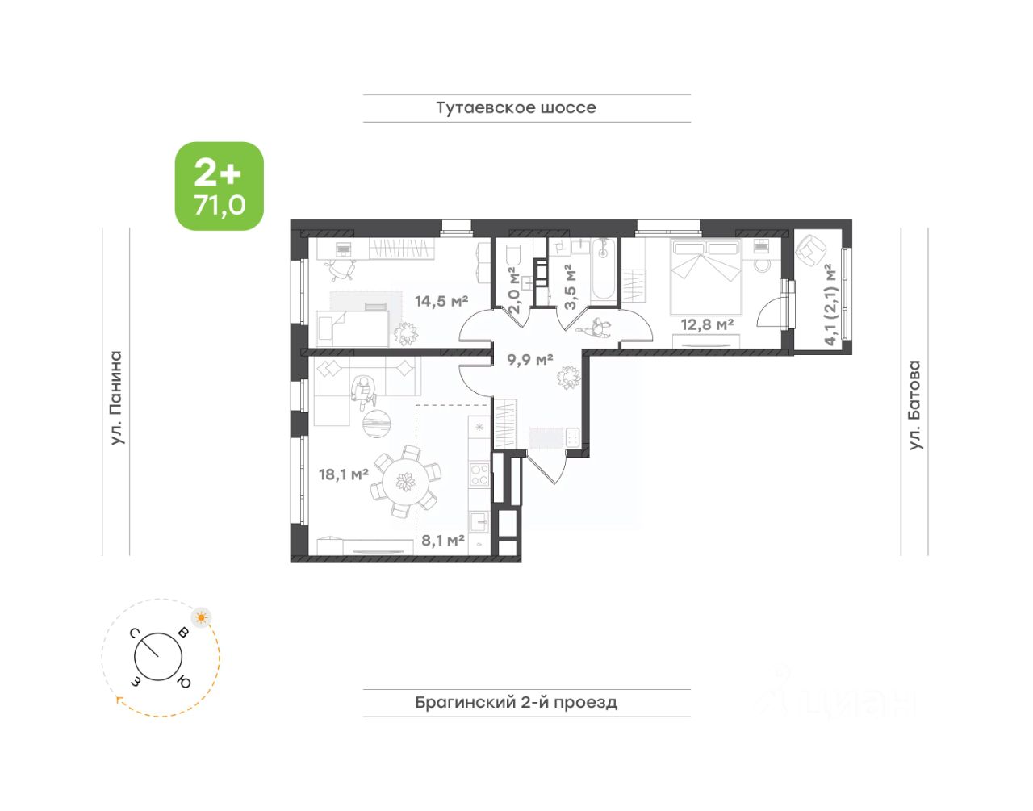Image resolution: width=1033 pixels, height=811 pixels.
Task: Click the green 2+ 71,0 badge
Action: click(220, 186)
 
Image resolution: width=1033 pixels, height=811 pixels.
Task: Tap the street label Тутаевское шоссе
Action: click(516, 108)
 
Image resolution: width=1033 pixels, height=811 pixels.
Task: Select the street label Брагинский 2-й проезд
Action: click(516, 702)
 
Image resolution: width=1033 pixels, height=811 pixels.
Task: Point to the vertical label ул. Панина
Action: click(116, 398)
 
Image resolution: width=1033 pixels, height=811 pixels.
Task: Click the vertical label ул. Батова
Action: click(914, 405)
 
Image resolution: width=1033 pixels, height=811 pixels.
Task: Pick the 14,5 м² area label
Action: click(441, 301)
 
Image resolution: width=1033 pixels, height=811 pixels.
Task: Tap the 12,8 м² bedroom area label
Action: click(708, 324)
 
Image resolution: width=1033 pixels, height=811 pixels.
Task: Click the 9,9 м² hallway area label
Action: click(530, 360)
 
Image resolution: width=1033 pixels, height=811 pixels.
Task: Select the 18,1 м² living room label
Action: click(344, 474)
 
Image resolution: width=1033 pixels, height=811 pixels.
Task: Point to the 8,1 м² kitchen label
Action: click(442, 540)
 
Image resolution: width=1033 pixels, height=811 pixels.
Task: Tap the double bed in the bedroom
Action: click(706, 277)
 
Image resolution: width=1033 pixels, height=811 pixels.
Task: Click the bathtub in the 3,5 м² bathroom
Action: click(604, 269)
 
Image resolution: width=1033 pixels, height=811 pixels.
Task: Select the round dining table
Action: click(405, 482)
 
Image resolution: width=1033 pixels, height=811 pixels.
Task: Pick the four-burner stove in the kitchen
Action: click(479, 474)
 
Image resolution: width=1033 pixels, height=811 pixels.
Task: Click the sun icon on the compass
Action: click(202, 617)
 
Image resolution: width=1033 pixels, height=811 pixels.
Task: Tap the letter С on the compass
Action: click(135, 633)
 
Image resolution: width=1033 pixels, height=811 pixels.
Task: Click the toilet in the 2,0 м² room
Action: click(512, 256)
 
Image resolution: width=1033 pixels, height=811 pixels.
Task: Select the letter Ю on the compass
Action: click(184, 683)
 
